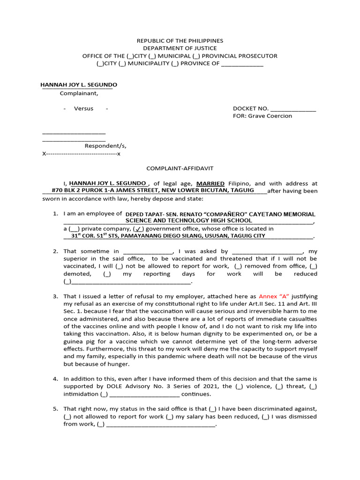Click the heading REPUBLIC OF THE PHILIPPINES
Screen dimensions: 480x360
coord(180,41)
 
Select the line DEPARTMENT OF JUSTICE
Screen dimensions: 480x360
coord(180,48)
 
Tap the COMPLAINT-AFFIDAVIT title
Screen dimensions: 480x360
coord(180,168)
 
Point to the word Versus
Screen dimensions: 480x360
coord(83,109)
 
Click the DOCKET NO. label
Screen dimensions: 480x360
coord(251,109)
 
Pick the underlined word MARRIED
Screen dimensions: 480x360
coord(210,183)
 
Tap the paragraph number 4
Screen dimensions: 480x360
coord(55,378)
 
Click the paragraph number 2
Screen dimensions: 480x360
coord(55,252)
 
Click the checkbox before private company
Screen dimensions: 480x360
coord(74,229)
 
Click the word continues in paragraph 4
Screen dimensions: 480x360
coord(196,394)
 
